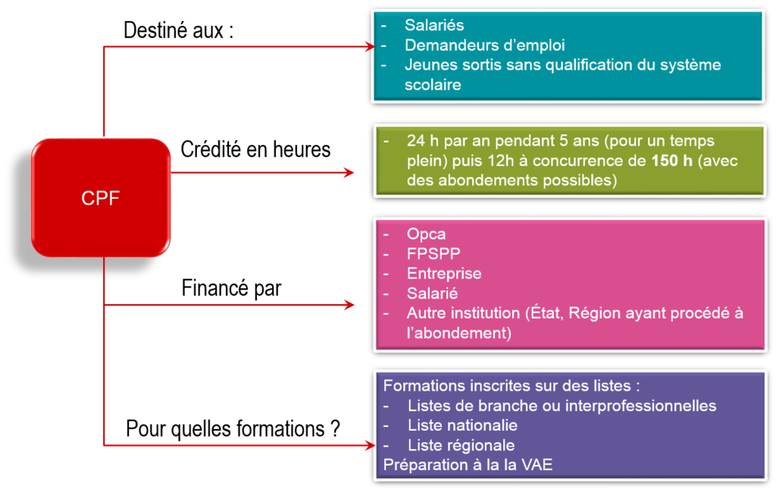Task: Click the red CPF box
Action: coord(101,198)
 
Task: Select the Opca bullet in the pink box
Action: coord(426,234)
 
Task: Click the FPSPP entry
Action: coord(433,253)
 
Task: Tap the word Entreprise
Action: coord(443,273)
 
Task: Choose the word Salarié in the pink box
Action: coord(432,293)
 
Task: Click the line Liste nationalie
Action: coord(462,425)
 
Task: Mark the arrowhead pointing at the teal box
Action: coord(368,46)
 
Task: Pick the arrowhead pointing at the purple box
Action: coord(369,445)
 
